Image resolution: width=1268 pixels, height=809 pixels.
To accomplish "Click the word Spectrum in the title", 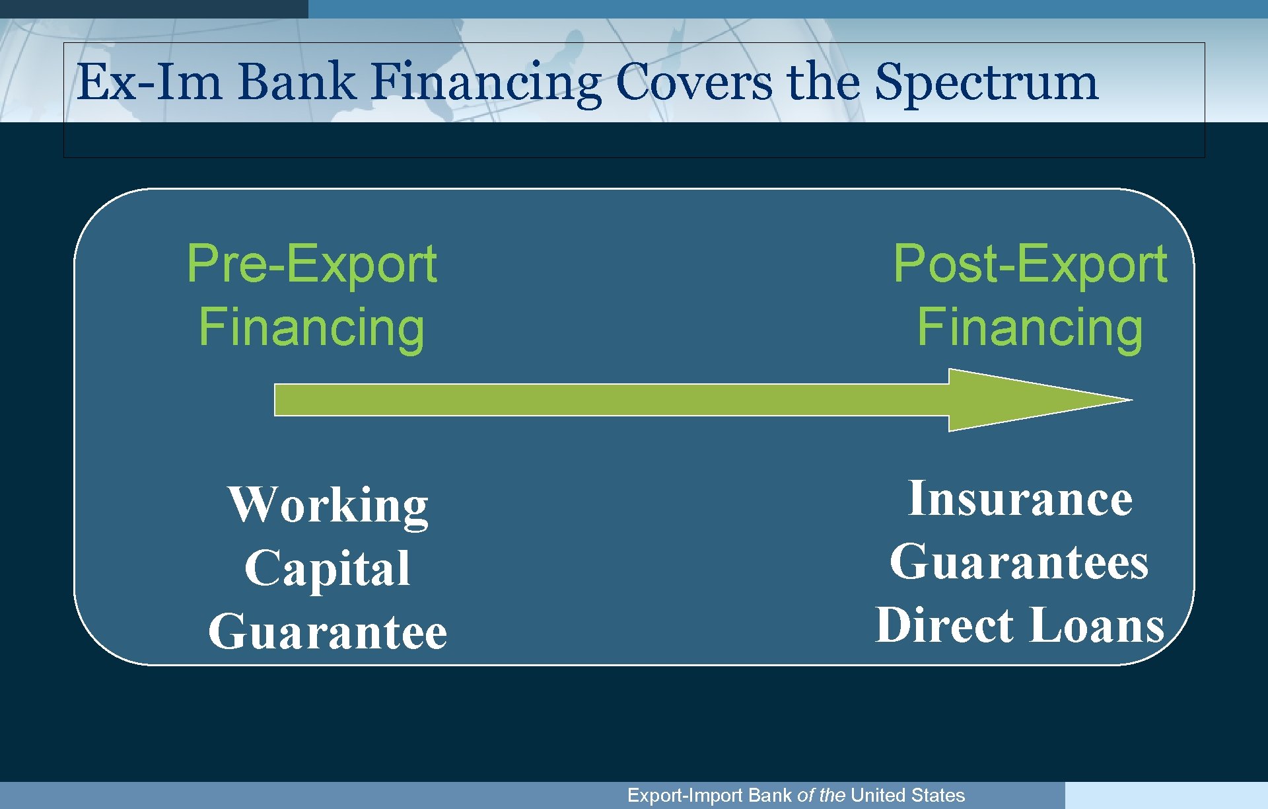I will coord(986,83).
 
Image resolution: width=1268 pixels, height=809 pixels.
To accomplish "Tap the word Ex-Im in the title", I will coord(149,83).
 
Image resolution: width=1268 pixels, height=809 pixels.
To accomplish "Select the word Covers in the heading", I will coord(693,83).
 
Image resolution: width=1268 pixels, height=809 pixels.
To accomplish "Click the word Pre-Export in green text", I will coord(312,264).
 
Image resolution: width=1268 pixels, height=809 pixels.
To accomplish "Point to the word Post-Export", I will coord(1030,264).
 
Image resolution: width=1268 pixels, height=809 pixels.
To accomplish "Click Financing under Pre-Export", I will coord(312,327).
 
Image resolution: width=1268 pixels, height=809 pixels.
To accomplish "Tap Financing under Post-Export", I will coord(1030,327).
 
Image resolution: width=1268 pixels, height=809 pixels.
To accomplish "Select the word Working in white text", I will coord(328,506).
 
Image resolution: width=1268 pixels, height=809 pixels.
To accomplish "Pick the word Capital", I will coord(328,568).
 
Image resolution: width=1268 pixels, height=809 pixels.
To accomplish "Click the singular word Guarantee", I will coord(328,631).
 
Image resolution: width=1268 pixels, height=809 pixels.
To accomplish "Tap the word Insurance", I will coord(1020,498).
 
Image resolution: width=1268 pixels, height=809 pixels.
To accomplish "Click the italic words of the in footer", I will coord(821,795).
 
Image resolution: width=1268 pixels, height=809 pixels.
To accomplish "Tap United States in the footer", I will coord(907,795).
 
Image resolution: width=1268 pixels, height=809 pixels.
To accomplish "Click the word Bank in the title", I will coord(296,83).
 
